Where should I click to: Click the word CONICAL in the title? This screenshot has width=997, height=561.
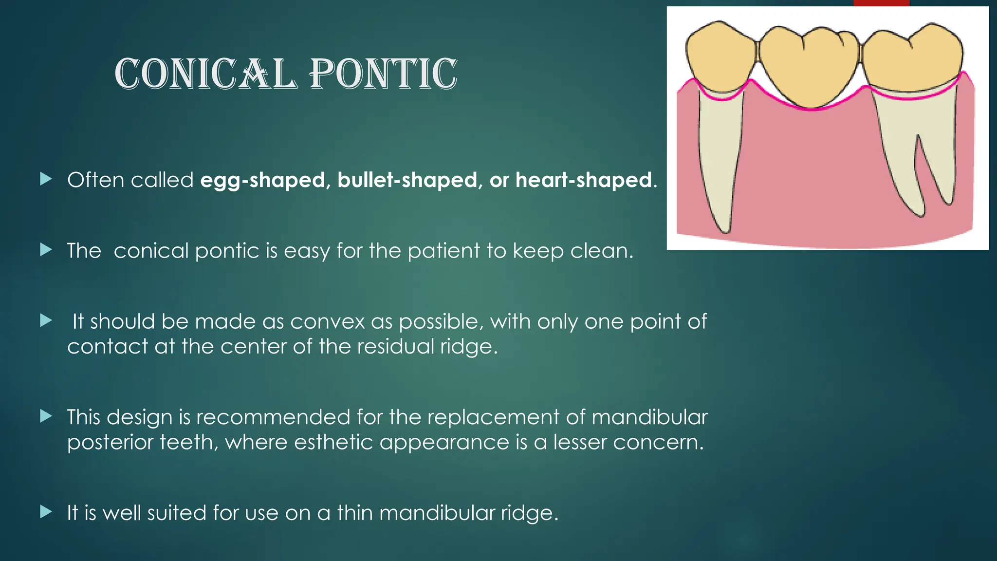pos(205,74)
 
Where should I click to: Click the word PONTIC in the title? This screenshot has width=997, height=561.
pos(384,74)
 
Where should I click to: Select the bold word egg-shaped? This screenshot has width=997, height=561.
pos(262,181)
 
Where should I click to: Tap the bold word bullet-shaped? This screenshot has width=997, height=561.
pos(406,181)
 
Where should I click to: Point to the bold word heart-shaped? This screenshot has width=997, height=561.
pos(584,181)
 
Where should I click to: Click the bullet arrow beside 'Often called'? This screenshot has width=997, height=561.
pos(46,179)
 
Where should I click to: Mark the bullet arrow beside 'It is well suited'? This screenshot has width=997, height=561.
pos(46,512)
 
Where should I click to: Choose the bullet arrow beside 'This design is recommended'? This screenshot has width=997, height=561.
pos(46,416)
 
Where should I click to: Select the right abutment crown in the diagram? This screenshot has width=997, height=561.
pos(913,58)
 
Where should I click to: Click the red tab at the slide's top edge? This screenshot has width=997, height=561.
pos(881,3)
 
